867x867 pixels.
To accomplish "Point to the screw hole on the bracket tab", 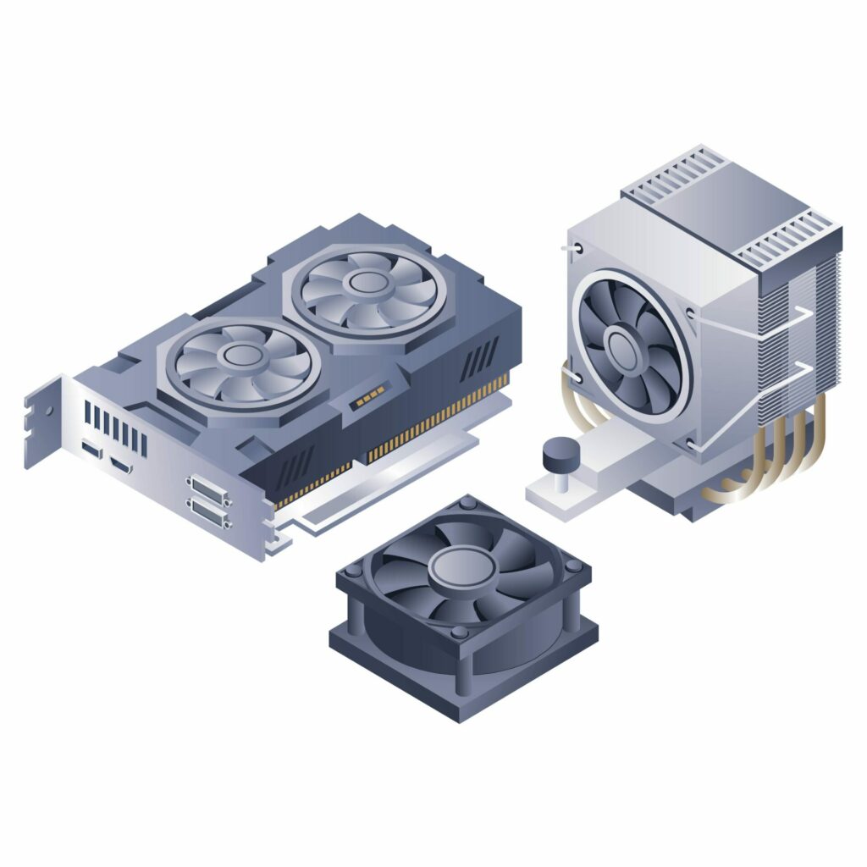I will [48, 411].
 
